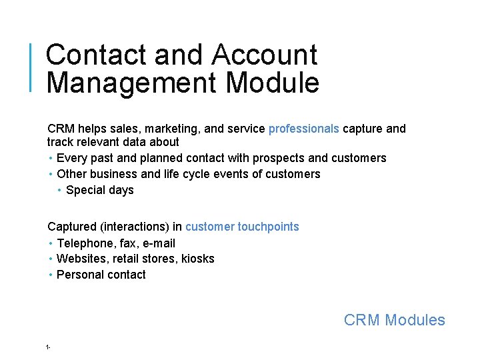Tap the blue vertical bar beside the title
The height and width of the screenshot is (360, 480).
[31, 67]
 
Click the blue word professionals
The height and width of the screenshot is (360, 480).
[303, 129]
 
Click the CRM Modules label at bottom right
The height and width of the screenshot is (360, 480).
[394, 320]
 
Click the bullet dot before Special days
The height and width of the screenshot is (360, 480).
[60, 190]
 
